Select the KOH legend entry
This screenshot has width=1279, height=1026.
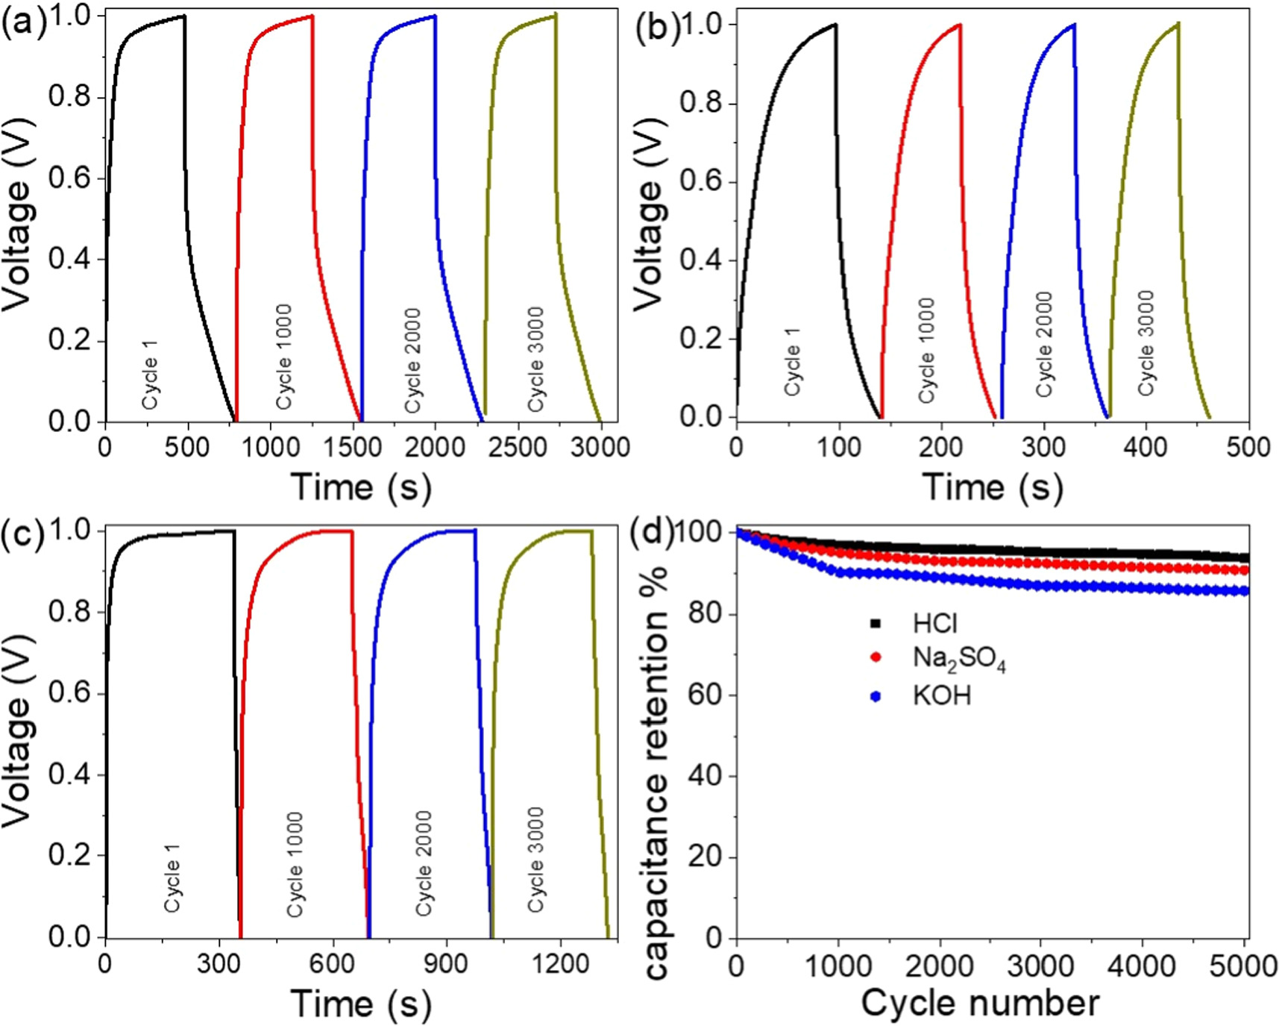(941, 696)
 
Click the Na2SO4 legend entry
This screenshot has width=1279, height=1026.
(958, 658)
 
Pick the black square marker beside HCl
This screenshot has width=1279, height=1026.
(876, 623)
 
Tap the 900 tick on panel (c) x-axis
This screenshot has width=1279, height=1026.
(446, 963)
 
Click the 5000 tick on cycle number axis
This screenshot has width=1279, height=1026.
(1248, 966)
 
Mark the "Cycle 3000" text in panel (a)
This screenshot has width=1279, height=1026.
(535, 360)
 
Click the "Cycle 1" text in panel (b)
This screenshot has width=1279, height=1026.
(793, 361)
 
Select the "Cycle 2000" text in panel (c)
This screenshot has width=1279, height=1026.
(424, 864)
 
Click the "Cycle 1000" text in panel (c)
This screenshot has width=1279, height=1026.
(295, 865)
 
